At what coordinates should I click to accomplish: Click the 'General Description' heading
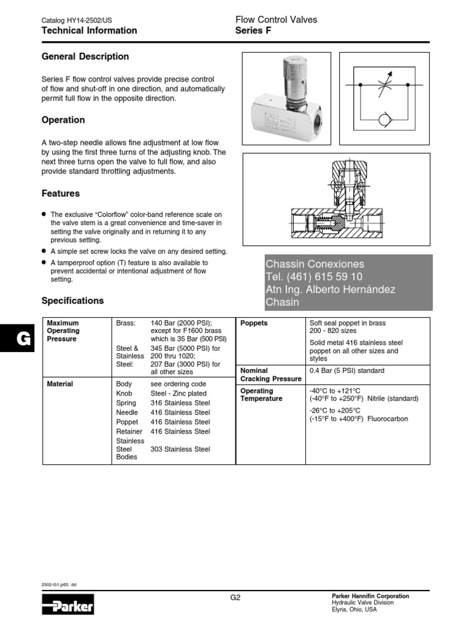tap(85, 57)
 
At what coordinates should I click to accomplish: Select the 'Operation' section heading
tap(63, 120)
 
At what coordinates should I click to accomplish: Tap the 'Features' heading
tap(60, 194)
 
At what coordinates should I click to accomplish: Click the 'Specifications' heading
tap(72, 301)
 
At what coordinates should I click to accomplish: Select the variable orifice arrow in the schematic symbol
tap(384, 85)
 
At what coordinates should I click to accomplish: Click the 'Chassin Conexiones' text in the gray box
tap(315, 264)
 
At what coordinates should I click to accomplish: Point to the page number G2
tap(235, 597)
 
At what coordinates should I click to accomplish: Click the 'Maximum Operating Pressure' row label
tap(64, 331)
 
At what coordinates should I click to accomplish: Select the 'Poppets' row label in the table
tap(254, 323)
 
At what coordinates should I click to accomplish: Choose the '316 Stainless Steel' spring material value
tap(180, 403)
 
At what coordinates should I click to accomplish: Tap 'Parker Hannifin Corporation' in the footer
tap(370, 596)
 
